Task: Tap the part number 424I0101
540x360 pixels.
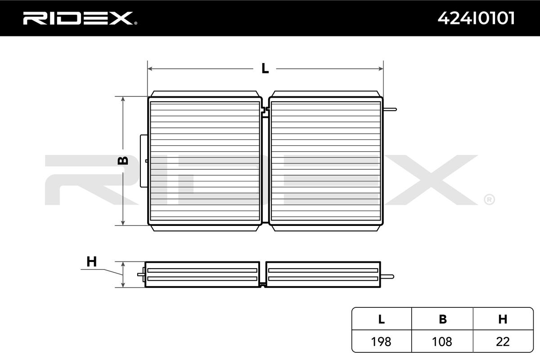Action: (x=476, y=18)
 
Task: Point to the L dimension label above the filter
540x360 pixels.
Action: (x=265, y=69)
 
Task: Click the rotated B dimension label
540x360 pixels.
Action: (x=123, y=160)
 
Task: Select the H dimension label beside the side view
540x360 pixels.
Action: (x=91, y=261)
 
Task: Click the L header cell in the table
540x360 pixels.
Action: (x=381, y=319)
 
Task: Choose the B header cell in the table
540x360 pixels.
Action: (x=443, y=319)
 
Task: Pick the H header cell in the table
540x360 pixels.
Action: (x=503, y=319)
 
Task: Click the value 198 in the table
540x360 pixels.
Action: (x=381, y=342)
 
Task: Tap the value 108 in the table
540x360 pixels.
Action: (x=443, y=342)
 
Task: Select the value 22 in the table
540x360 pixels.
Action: (x=503, y=342)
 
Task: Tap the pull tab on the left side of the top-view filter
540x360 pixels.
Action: (x=144, y=161)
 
